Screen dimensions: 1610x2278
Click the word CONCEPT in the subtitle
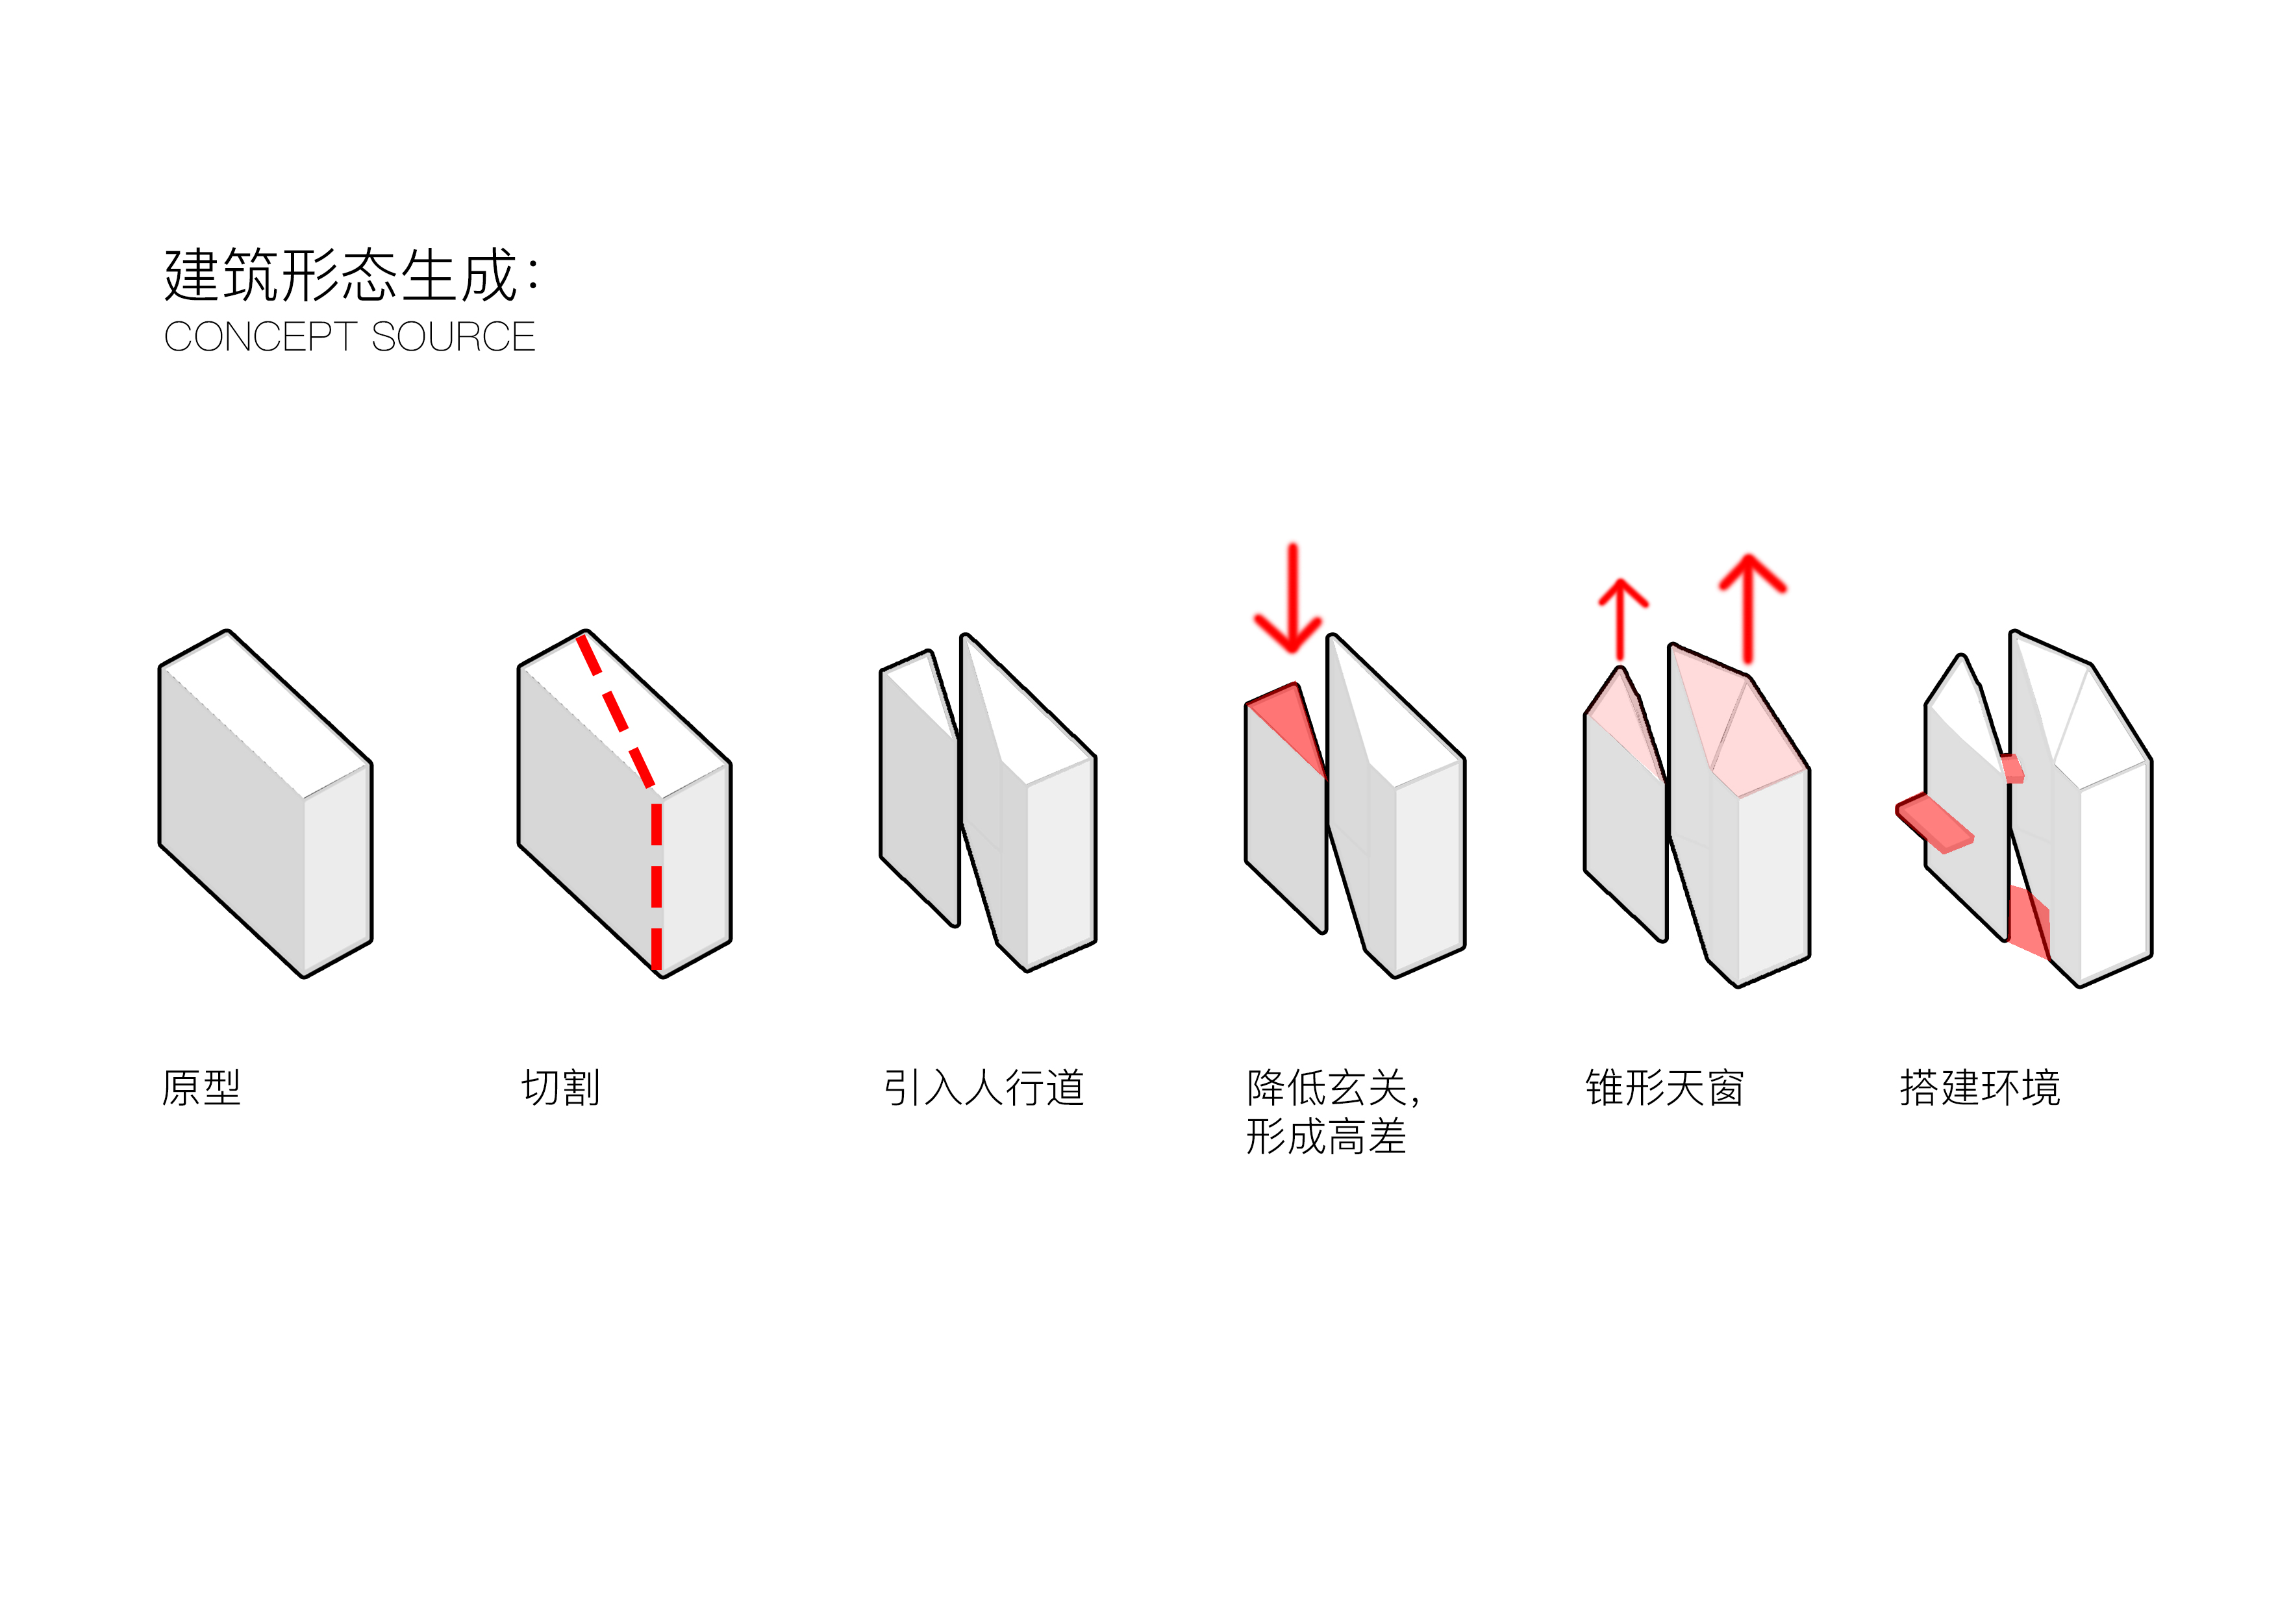[260, 338]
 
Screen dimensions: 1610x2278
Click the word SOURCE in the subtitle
[453, 338]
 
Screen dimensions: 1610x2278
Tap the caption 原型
[201, 1088]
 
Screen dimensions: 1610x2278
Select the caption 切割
[560, 1088]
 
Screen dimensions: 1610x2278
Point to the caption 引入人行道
[983, 1088]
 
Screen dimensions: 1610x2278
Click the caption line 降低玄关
[1329, 1088]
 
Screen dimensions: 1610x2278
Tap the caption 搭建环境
[1979, 1088]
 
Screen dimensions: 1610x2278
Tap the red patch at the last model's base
[2027, 923]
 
